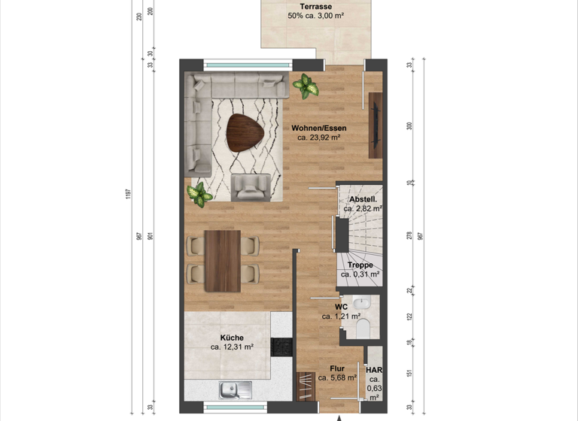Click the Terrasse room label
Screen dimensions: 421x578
tap(316, 8)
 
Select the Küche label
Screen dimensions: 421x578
tap(231, 338)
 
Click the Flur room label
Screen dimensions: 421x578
tap(337, 368)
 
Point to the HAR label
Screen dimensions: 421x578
tap(374, 371)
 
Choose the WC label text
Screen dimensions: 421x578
tap(340, 307)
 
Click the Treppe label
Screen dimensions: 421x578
tap(360, 265)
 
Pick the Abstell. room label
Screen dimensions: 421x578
tap(364, 199)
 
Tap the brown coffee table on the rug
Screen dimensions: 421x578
tap(245, 132)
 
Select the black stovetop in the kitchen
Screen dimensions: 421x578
tap(281, 347)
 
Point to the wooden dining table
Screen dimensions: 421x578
tap(222, 260)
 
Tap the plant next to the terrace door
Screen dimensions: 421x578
tap(306, 86)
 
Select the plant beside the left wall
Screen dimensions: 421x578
tap(199, 194)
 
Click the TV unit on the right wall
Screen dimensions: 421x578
tap(375, 125)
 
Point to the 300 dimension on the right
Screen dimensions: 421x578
tap(409, 126)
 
